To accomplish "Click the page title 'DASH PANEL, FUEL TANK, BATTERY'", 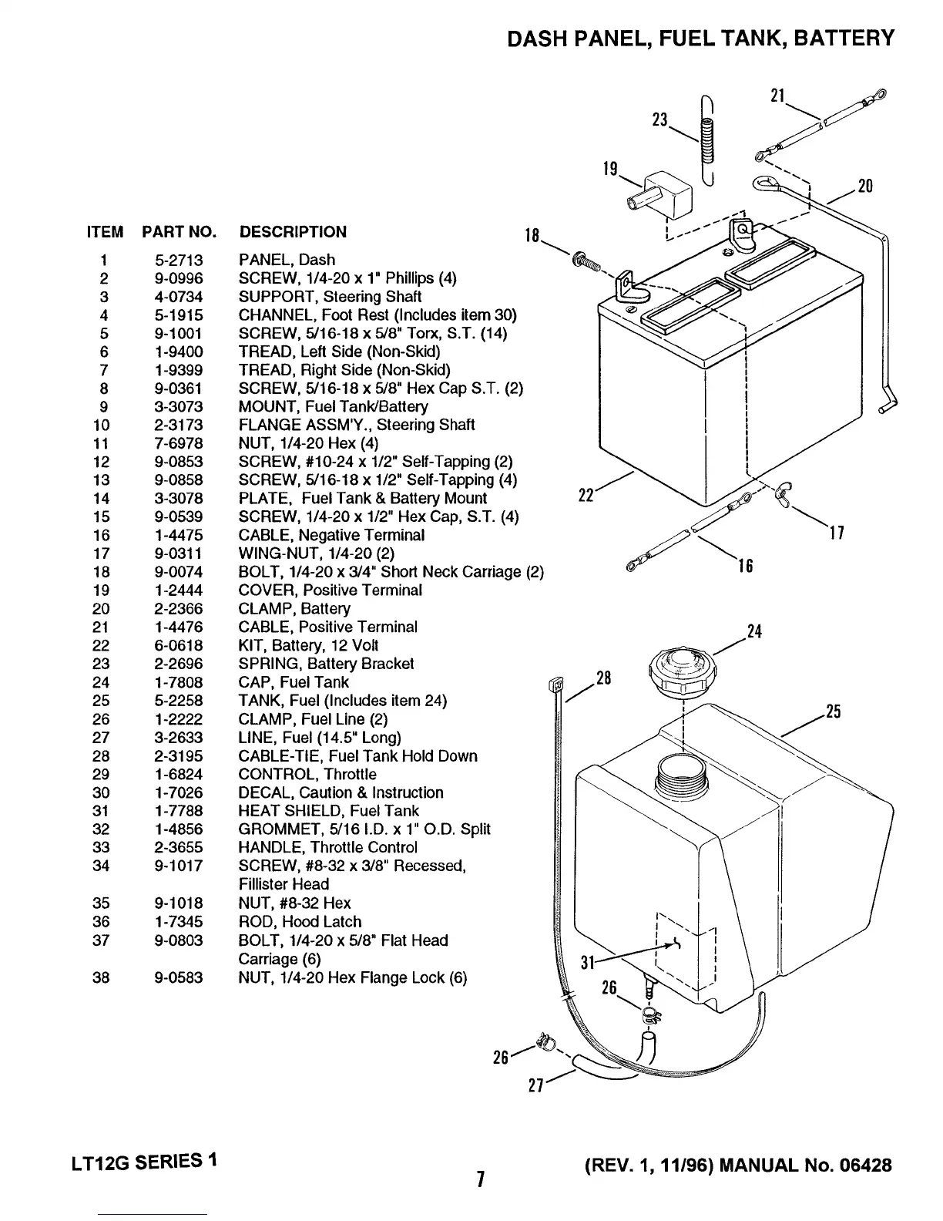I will click(700, 38).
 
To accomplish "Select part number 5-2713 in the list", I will click(178, 260).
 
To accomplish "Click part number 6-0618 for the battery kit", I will click(178, 645).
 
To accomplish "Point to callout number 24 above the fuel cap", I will click(754, 633).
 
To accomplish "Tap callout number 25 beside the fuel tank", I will click(833, 711).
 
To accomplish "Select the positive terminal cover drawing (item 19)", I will click(659, 194).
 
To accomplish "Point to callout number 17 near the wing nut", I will click(837, 533).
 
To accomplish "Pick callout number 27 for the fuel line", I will click(536, 1085).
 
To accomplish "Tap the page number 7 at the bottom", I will click(479, 1179).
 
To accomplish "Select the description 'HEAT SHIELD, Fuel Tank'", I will click(329, 811).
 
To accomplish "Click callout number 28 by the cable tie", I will click(603, 678).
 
